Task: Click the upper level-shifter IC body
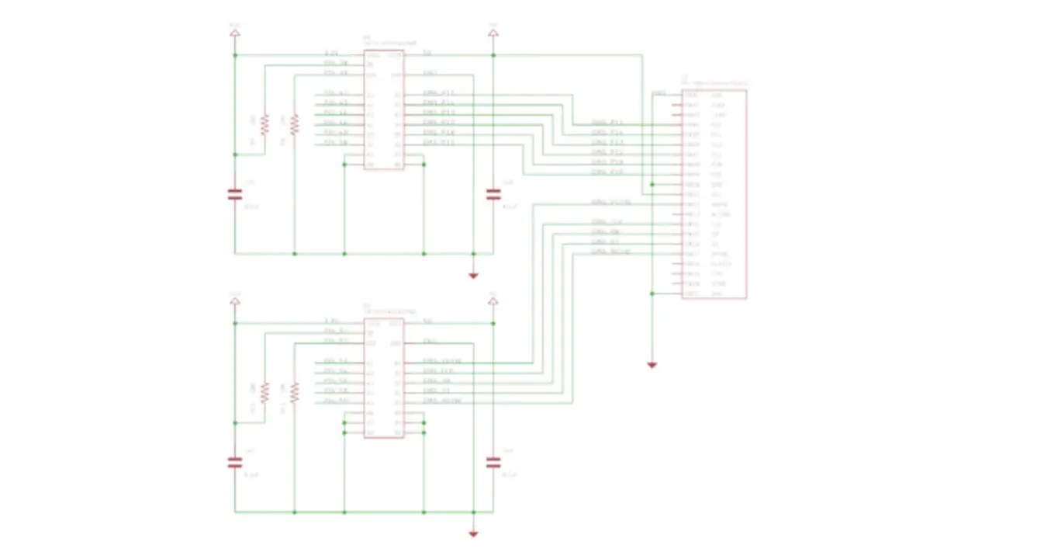click(383, 110)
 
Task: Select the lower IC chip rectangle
click(383, 378)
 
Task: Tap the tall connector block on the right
click(714, 194)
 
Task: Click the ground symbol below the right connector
click(652, 364)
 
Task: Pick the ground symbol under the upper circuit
click(473, 275)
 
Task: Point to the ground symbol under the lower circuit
click(473, 533)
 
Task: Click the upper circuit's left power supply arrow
click(234, 33)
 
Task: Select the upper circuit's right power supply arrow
click(493, 33)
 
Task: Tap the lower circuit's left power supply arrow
click(234, 301)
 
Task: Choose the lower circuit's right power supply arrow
click(493, 301)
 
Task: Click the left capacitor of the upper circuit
click(234, 194)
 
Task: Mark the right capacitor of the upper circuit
click(493, 194)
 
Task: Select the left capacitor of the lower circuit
click(234, 462)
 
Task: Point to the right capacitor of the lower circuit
click(493, 462)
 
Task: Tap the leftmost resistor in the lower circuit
click(264, 392)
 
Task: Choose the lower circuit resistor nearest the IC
click(294, 392)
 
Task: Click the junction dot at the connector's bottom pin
click(652, 294)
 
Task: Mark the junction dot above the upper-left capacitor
click(234, 155)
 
